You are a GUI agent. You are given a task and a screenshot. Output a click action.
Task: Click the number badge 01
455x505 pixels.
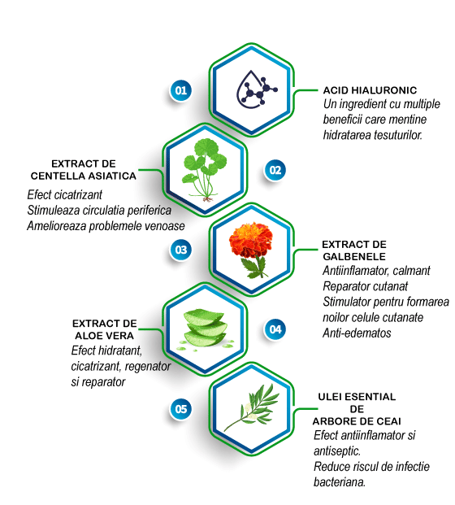tap(180, 90)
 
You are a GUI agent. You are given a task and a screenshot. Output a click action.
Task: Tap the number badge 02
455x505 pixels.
tap(275, 170)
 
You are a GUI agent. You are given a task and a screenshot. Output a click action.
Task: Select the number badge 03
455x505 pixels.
tap(180, 250)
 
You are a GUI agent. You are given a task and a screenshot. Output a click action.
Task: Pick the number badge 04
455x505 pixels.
tap(275, 329)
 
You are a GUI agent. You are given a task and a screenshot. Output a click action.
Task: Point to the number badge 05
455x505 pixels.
tap(180, 409)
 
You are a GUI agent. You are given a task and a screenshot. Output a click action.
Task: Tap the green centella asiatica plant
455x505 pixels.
tap(205, 170)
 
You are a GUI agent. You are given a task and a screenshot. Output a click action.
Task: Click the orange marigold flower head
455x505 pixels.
tap(251, 239)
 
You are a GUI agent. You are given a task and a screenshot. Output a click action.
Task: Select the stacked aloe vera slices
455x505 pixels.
tap(205, 328)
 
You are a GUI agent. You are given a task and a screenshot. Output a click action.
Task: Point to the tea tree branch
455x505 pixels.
tap(252, 407)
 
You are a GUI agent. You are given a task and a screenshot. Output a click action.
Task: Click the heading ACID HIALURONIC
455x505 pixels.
tap(370, 90)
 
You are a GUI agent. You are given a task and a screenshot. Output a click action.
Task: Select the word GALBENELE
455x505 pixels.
tap(354, 257)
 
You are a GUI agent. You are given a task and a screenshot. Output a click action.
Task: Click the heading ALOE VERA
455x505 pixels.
tap(104, 336)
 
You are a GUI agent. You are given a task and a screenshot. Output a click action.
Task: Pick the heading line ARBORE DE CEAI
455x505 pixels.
tap(357, 421)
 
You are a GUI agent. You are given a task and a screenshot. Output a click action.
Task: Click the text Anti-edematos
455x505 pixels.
tap(357, 333)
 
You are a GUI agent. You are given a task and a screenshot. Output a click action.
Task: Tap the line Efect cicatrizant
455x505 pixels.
tap(65, 195)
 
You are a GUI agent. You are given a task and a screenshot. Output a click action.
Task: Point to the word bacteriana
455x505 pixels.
tap(340, 482)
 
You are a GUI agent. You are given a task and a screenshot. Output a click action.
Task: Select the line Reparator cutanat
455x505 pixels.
tap(366, 286)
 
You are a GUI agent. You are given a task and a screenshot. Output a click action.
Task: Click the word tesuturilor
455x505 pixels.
tap(398, 135)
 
